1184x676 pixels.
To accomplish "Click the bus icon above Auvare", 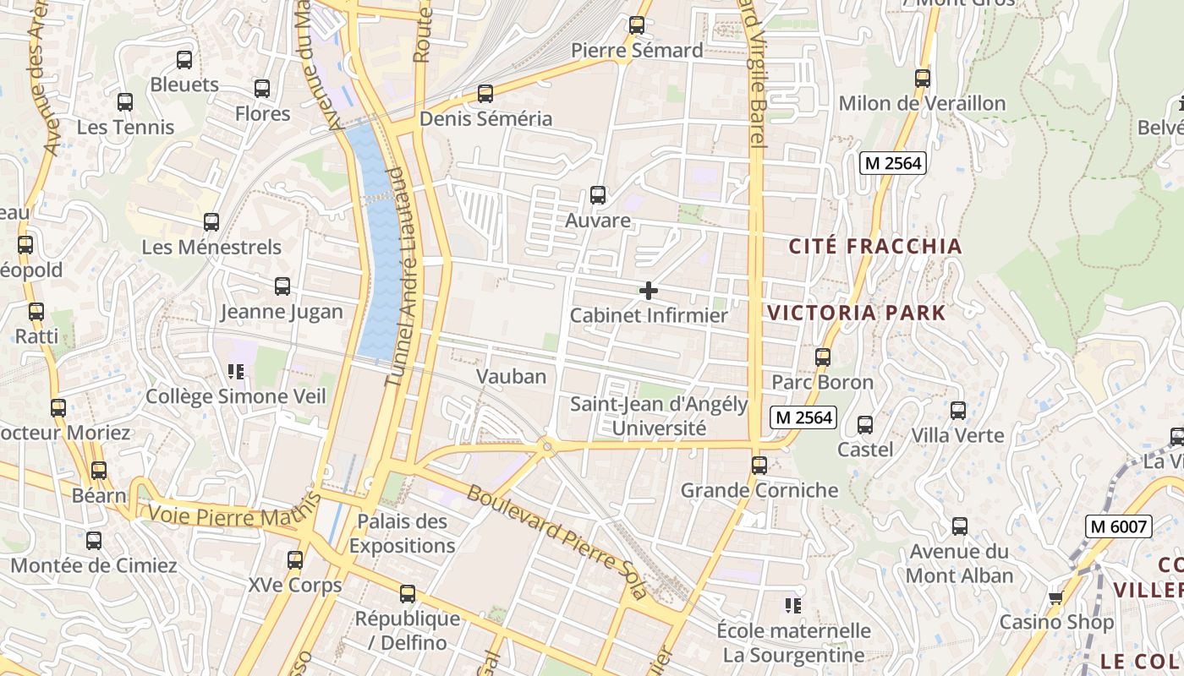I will (598, 195).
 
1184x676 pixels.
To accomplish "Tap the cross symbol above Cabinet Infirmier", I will (649, 291).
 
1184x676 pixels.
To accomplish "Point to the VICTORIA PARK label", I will (856, 313).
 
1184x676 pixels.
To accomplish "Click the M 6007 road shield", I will (1119, 527).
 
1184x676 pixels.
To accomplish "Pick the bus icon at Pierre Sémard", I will (637, 25).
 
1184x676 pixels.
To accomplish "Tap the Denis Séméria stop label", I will (485, 119).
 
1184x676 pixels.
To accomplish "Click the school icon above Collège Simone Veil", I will (236, 371).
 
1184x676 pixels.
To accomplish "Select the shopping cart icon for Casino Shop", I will (1055, 598).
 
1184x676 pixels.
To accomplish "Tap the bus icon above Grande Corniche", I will (759, 465).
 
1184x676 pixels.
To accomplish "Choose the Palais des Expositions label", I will (402, 534).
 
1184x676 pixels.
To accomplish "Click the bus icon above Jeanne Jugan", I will (282, 286).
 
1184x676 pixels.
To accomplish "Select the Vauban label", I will (511, 376).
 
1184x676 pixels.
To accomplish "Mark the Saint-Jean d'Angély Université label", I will (659, 417).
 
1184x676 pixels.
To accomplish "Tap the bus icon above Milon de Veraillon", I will (923, 79).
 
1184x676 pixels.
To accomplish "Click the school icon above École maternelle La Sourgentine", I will (793, 605).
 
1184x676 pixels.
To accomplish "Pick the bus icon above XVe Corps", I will (295, 559).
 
